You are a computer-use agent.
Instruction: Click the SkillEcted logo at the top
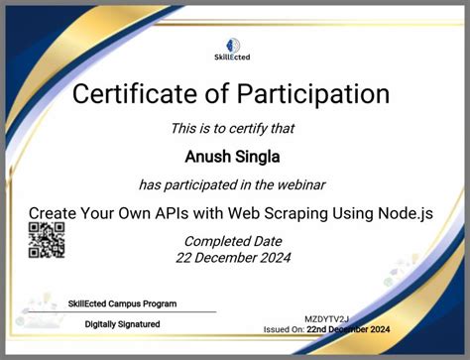[x=233, y=49]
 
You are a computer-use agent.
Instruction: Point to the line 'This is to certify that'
[x=233, y=128]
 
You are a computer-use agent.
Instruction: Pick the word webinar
[x=297, y=183]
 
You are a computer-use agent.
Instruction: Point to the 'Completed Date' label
[x=234, y=241]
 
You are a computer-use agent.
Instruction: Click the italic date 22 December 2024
[x=234, y=259]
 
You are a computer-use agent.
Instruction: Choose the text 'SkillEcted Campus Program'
[x=122, y=303]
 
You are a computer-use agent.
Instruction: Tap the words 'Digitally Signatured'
[x=122, y=323]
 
